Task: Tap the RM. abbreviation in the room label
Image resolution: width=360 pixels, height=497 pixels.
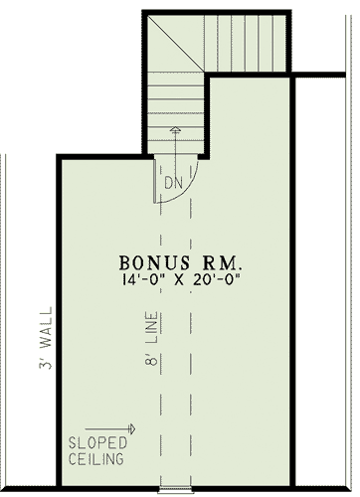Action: click(x=221, y=263)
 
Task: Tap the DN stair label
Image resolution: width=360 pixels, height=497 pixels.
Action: click(x=173, y=185)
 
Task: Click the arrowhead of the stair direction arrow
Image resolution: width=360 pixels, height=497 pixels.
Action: click(x=176, y=129)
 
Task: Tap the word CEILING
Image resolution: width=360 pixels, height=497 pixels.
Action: click(x=95, y=460)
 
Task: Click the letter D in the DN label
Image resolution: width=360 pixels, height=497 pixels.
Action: click(x=168, y=185)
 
